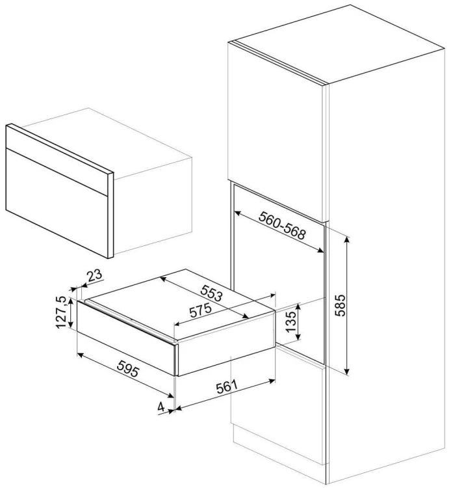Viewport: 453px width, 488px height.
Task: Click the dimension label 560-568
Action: point(282,225)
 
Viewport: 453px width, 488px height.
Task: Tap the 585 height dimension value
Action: point(340,305)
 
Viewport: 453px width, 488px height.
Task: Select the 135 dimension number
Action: point(291,322)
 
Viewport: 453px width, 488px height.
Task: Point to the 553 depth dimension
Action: point(211,293)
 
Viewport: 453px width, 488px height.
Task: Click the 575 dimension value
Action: point(201,310)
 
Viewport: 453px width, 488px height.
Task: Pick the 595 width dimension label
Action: point(128,369)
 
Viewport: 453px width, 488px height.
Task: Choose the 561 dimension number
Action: point(227,386)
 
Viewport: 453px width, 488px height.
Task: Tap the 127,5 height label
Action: point(61,312)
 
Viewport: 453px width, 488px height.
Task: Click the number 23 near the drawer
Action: point(94,275)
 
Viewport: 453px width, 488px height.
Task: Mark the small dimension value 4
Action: point(161,407)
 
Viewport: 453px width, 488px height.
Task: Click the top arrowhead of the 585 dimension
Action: point(347,239)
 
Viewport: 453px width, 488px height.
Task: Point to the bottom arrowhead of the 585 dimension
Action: point(347,372)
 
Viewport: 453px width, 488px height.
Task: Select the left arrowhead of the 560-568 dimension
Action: point(238,214)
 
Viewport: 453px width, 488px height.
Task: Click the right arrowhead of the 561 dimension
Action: point(272,381)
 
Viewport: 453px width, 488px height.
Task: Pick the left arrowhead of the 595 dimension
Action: point(81,355)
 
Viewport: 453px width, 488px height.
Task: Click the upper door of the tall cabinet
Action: point(277,131)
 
